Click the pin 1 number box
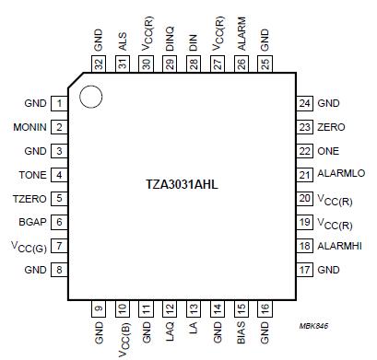pos(58,103)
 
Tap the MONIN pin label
pos(30,127)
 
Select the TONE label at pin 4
pos(33,175)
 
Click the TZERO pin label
pos(30,198)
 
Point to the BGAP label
pos(32,222)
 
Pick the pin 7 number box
pos(58,246)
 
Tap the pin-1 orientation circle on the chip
pos(89,95)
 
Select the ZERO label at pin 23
pos(332,128)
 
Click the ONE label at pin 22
pos(329,151)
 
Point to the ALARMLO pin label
pos(340,175)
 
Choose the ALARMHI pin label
pos(340,246)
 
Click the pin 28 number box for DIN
pos(194,63)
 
